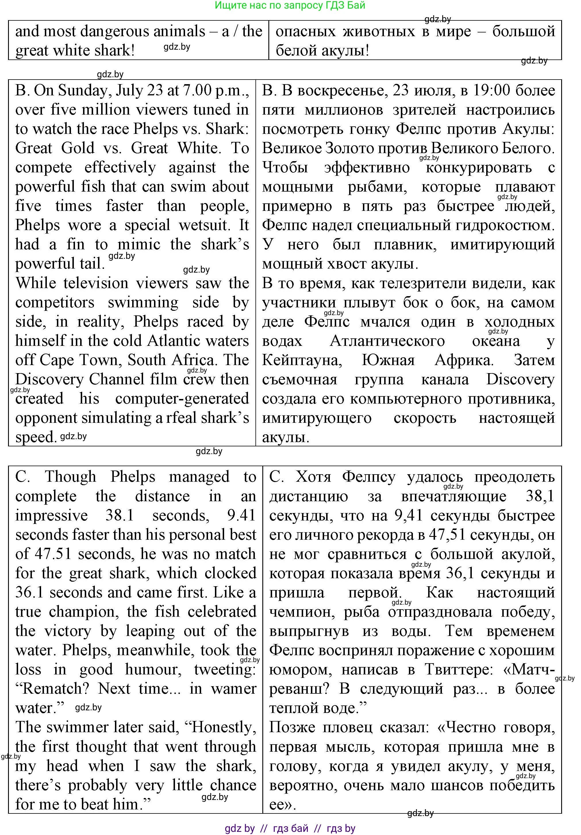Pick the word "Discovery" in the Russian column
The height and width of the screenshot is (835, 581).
[520, 380]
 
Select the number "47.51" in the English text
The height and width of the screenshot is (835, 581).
[53, 554]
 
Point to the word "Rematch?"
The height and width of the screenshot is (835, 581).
[53, 689]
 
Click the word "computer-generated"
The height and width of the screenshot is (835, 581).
[182, 399]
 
